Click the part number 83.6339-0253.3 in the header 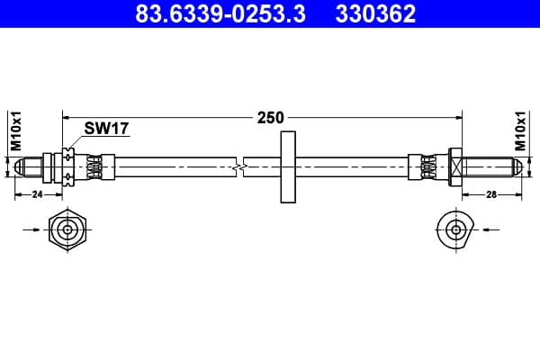point(220,13)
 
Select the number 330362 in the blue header point(375,13)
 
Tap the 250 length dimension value point(271,118)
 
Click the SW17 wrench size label point(106,129)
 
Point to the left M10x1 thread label point(16,130)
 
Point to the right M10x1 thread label point(521,130)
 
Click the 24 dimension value point(37,194)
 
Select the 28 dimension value point(491,194)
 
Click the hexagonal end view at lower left point(67,229)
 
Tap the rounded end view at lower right point(455,229)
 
